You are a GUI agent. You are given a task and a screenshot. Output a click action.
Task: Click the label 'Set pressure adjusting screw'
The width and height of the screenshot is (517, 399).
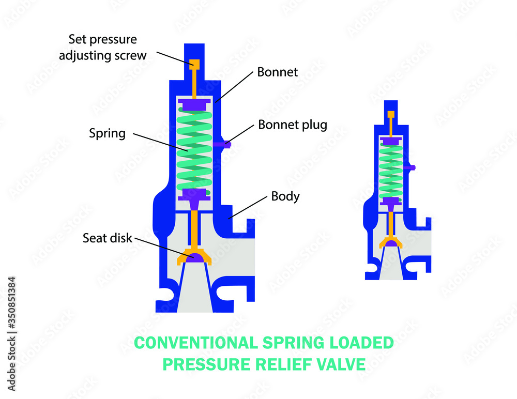(x=103, y=47)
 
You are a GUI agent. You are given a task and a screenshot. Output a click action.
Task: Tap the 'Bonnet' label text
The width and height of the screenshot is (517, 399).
(x=278, y=72)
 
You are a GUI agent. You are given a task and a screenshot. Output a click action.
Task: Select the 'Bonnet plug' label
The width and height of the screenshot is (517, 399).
(x=293, y=125)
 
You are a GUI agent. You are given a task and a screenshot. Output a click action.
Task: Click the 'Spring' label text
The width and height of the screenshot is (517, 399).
(x=107, y=133)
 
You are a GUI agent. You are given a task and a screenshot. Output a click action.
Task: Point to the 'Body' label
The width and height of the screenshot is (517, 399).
(x=285, y=196)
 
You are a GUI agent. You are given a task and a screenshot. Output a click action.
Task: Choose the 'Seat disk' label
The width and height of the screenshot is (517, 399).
(x=108, y=238)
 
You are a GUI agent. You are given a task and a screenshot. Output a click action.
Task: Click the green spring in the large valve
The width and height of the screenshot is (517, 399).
(x=194, y=150)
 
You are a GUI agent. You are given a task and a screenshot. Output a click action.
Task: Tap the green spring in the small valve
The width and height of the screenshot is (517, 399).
(x=391, y=171)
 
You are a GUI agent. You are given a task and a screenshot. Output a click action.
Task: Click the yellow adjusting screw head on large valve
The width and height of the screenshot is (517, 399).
(x=194, y=64)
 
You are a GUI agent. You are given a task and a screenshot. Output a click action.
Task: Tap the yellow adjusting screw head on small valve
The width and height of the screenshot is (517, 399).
(x=391, y=114)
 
